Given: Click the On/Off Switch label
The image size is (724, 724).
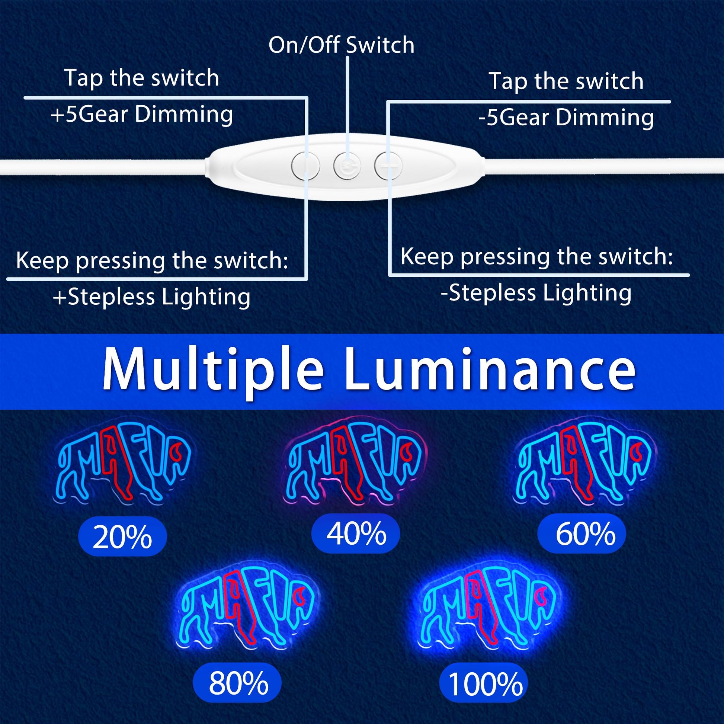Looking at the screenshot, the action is coord(342,45).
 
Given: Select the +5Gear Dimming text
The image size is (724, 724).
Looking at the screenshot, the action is coord(142,114).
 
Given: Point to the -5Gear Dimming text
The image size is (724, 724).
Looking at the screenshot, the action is coord(566,118).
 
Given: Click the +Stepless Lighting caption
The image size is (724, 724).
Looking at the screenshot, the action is coord(152,297).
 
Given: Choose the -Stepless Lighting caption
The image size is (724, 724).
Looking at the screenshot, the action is coord(536,293).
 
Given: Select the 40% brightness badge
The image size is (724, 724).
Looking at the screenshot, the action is coord(356,534).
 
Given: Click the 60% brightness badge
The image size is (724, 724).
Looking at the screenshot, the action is coord(582,534).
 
